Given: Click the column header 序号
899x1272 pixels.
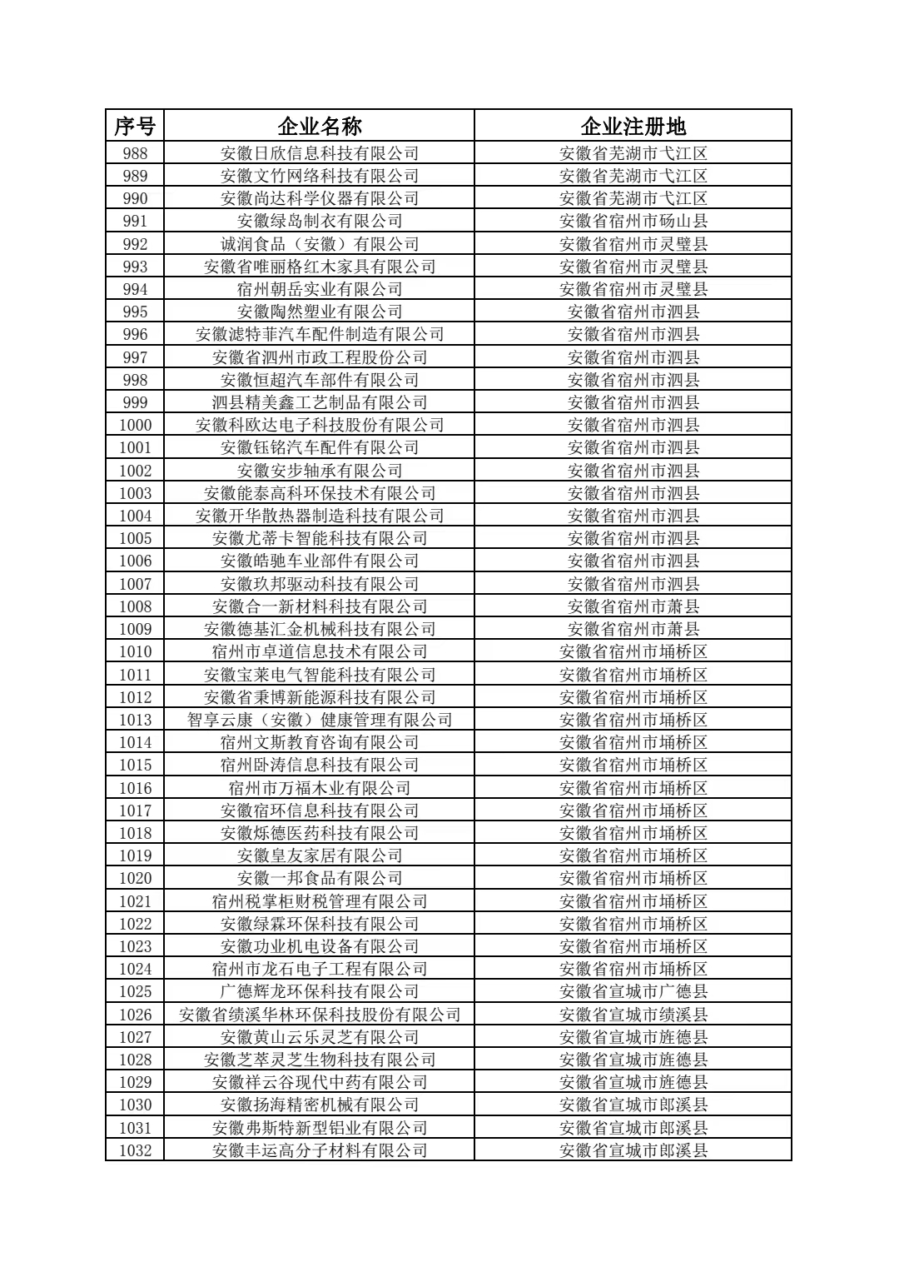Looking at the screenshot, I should coord(134,126).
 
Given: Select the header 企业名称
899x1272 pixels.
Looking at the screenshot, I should coord(320,126).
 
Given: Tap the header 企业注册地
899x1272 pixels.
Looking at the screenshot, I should coord(633,126).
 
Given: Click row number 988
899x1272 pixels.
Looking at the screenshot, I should coord(134,153).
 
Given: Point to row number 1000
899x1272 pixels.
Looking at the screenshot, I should coord(134,425).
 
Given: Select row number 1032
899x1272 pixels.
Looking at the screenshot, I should coord(134,1150).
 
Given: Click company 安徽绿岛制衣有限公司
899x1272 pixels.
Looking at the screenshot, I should coord(320,221).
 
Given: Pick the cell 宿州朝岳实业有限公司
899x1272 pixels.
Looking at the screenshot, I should coord(320,289).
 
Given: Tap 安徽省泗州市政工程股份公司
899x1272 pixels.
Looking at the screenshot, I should coord(320,357).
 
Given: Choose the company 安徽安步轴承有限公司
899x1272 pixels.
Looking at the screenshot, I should coord(320,471).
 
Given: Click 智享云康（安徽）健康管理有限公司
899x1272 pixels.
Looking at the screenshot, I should coord(320,720).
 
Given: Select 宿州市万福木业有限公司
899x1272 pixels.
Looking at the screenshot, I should coord(320,788).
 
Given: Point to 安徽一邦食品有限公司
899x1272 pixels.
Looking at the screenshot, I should coord(320,878).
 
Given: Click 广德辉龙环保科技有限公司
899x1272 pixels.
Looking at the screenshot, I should coord(320,991).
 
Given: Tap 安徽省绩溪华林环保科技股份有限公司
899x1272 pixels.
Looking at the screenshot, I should coord(320,1015).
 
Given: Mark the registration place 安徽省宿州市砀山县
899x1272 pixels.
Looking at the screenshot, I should coord(633,221).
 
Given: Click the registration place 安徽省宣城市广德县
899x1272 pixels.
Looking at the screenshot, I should coord(633,991).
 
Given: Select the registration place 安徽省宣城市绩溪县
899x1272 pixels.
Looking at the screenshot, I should coord(633,1015).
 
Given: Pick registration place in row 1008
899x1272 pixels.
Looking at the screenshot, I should coord(633,606).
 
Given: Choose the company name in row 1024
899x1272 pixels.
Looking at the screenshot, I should coord(320,969).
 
